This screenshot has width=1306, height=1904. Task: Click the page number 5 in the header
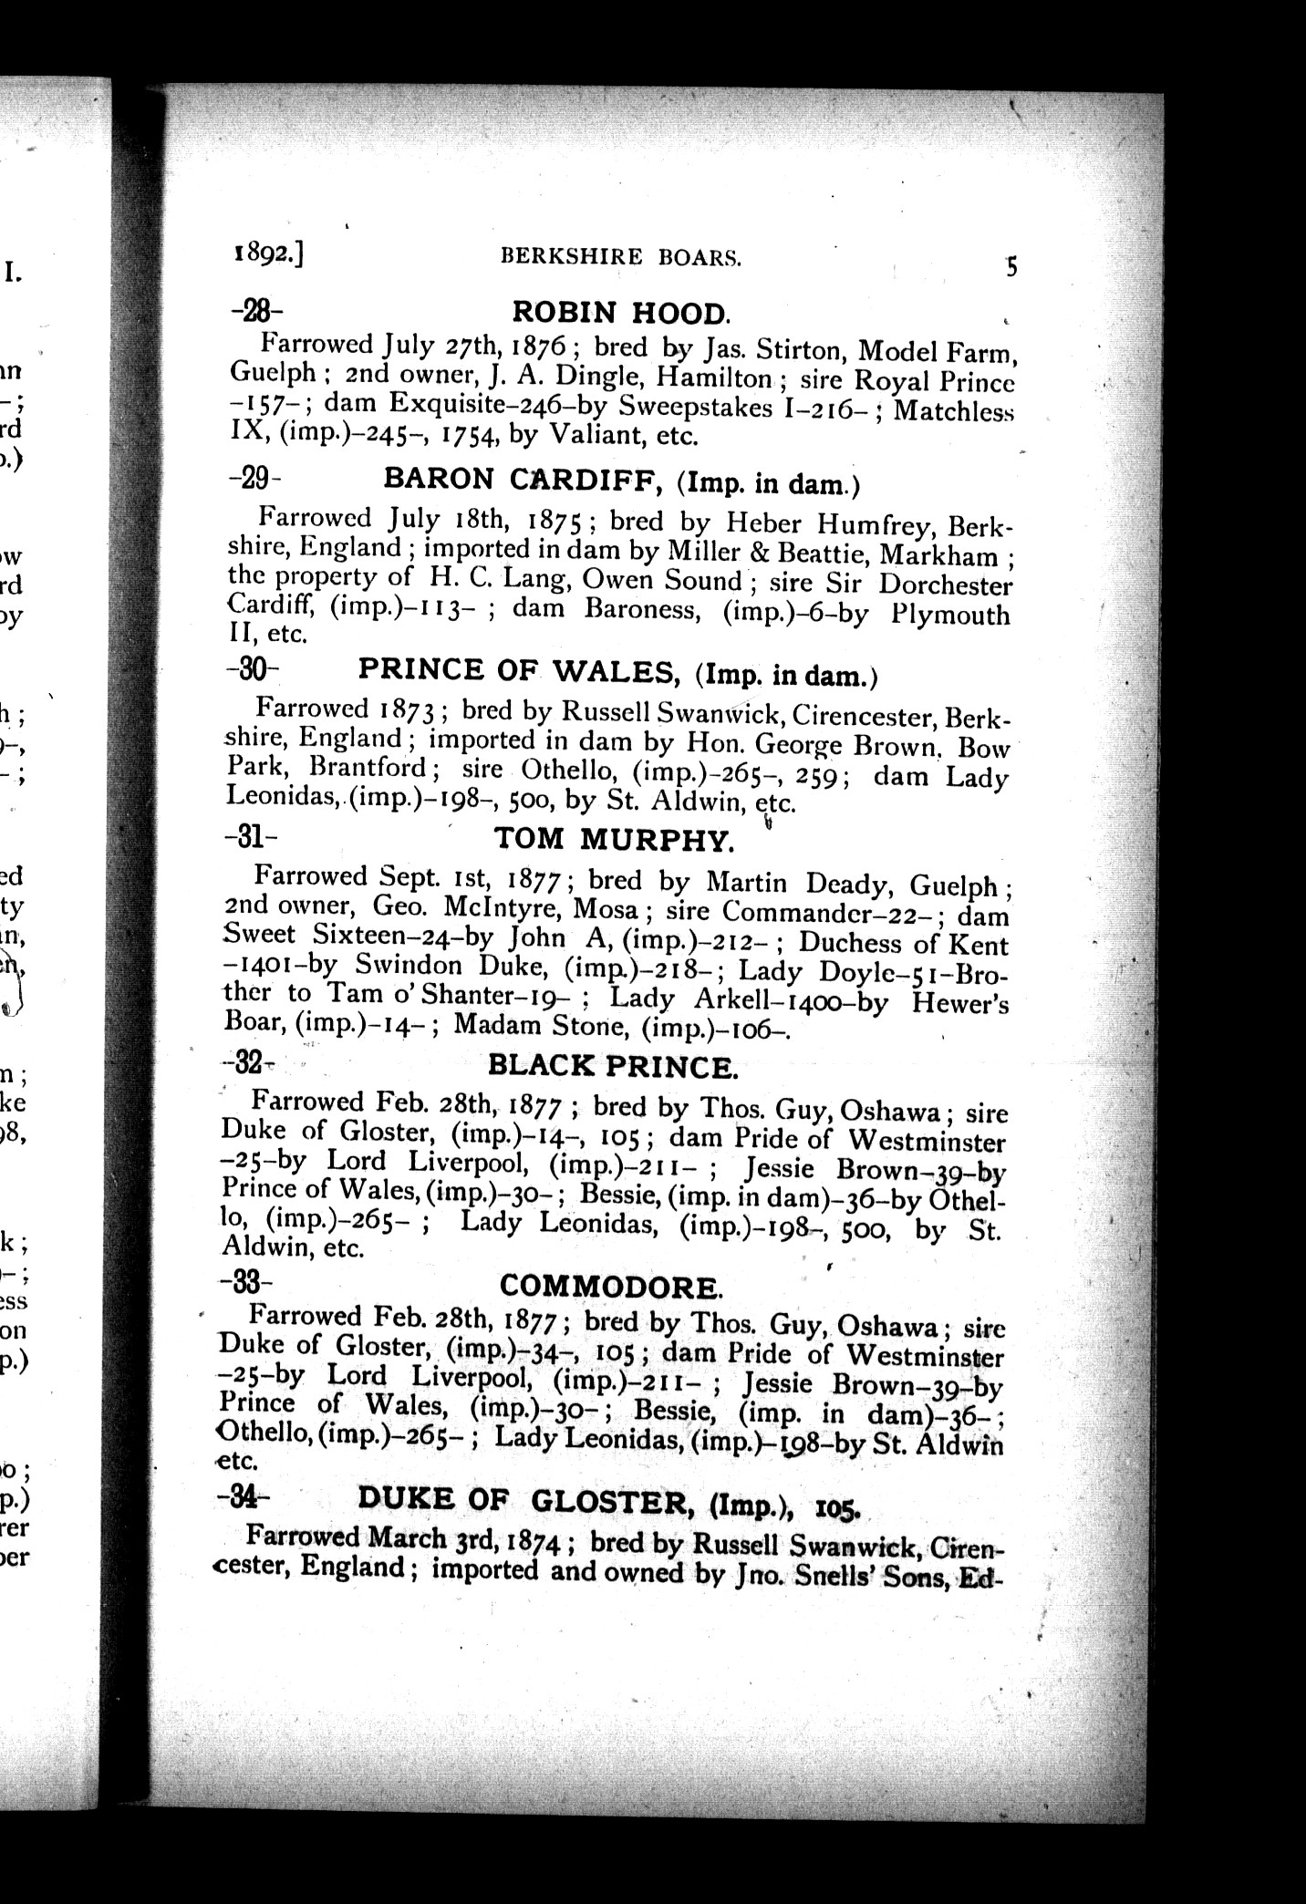(x=1011, y=267)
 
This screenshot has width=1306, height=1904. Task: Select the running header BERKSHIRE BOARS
(x=621, y=258)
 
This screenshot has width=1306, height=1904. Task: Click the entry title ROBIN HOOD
(x=621, y=313)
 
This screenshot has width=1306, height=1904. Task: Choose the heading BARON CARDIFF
(x=523, y=480)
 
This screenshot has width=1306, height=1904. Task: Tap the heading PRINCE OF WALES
(x=516, y=670)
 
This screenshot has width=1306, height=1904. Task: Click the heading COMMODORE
(x=611, y=1287)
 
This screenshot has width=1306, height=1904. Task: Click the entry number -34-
(x=243, y=1496)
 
